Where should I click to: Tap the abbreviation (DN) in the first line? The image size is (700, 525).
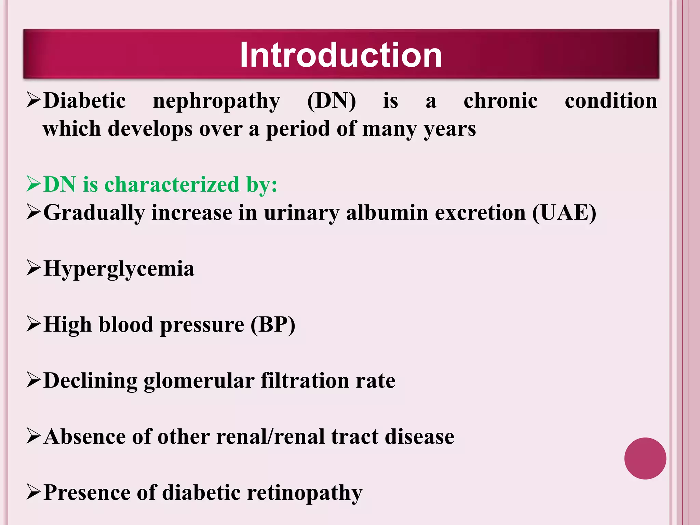(x=331, y=101)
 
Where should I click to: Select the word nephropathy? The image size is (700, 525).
(x=216, y=101)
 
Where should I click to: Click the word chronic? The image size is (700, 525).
(x=500, y=101)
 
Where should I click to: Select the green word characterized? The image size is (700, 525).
(x=172, y=185)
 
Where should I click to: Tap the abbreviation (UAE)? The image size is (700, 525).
(x=564, y=213)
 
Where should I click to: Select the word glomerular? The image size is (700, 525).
(x=199, y=381)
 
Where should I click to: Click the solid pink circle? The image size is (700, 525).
(x=645, y=458)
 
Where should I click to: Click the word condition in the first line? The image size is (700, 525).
(x=611, y=101)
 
